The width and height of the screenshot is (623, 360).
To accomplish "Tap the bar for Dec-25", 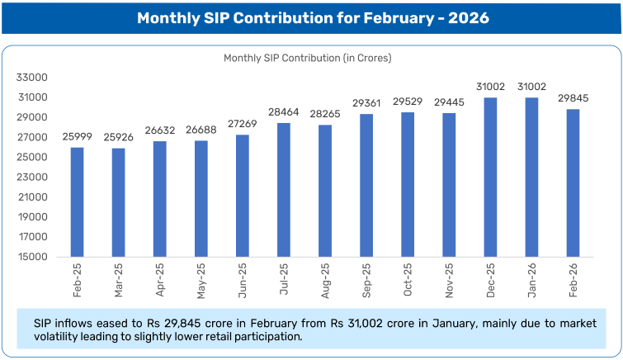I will (489, 178).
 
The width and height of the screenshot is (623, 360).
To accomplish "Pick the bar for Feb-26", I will (572, 183).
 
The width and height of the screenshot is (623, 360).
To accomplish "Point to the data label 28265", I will (324, 112).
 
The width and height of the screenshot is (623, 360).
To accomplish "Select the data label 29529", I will (407, 100).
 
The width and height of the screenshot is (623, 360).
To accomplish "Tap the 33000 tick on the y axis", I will (33, 78).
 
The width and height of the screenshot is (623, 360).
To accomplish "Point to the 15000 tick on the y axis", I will (33, 257).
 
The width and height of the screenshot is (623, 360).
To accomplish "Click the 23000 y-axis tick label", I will (33, 177).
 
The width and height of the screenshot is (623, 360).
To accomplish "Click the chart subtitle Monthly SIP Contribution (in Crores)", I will (308, 59).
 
